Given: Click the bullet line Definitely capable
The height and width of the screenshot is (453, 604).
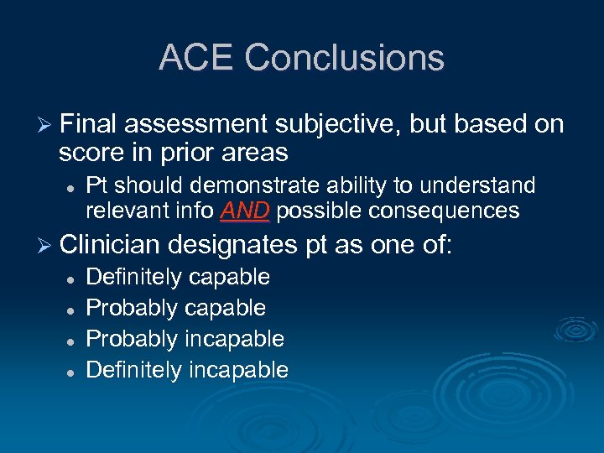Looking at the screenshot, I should (x=178, y=277).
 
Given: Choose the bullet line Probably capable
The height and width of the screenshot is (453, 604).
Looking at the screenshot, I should (x=176, y=308).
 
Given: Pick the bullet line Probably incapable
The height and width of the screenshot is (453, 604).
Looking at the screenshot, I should (x=185, y=339).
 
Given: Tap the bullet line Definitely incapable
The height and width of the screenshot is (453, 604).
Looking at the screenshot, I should (x=187, y=370).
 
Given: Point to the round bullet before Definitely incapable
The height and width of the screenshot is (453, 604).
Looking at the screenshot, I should (x=72, y=371).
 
